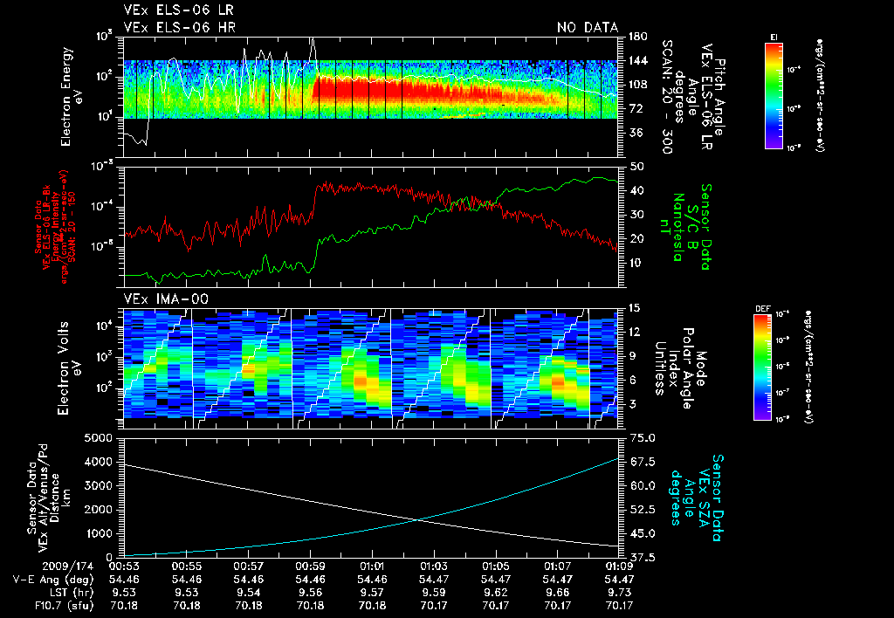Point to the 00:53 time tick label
coord(123,566)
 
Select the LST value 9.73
coord(619,592)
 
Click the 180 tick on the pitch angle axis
coord(636,37)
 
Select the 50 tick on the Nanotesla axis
coord(636,166)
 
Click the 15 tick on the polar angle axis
coord(635,307)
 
